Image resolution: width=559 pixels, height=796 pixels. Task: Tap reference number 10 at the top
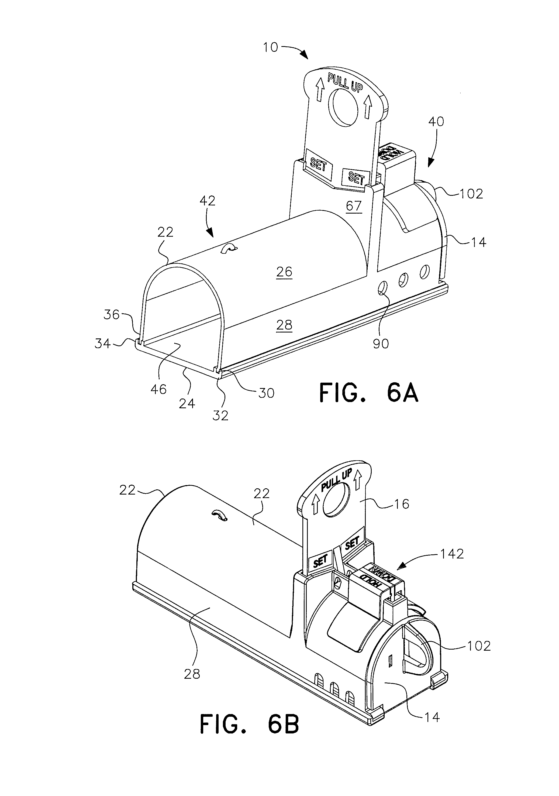pyautogui.click(x=270, y=47)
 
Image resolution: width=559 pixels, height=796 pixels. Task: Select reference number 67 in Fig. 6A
pyautogui.click(x=354, y=206)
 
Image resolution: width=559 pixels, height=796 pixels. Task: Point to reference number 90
pyautogui.click(x=381, y=344)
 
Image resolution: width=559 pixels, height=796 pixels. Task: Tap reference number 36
pyautogui.click(x=111, y=315)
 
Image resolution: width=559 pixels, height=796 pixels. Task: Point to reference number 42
pyautogui.click(x=207, y=201)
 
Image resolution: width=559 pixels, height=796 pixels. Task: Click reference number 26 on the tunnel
pyautogui.click(x=284, y=272)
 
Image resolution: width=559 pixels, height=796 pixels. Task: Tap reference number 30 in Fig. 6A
pyautogui.click(x=266, y=393)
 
